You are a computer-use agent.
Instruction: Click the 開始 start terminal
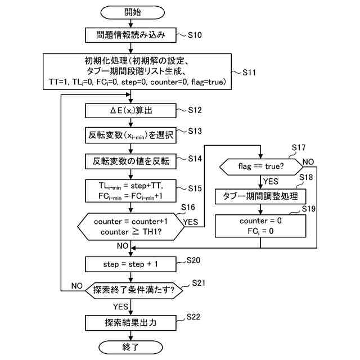[130, 12]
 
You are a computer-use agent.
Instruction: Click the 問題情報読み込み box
[130, 35]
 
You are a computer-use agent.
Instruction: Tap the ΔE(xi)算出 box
[130, 110]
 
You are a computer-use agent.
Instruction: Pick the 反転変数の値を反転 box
[130, 161]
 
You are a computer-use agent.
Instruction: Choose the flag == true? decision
[260, 168]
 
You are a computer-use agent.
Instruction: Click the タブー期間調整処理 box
[260, 196]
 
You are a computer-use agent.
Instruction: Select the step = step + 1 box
[130, 263]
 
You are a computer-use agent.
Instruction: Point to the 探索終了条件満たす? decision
[130, 291]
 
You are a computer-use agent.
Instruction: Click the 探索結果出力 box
[130, 323]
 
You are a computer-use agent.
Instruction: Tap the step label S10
[194, 35]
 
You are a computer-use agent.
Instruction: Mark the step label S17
[299, 148]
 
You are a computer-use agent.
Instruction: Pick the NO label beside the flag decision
[308, 162]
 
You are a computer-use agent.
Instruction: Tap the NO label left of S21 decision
[76, 286]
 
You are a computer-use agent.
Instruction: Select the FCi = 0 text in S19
[260, 230]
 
